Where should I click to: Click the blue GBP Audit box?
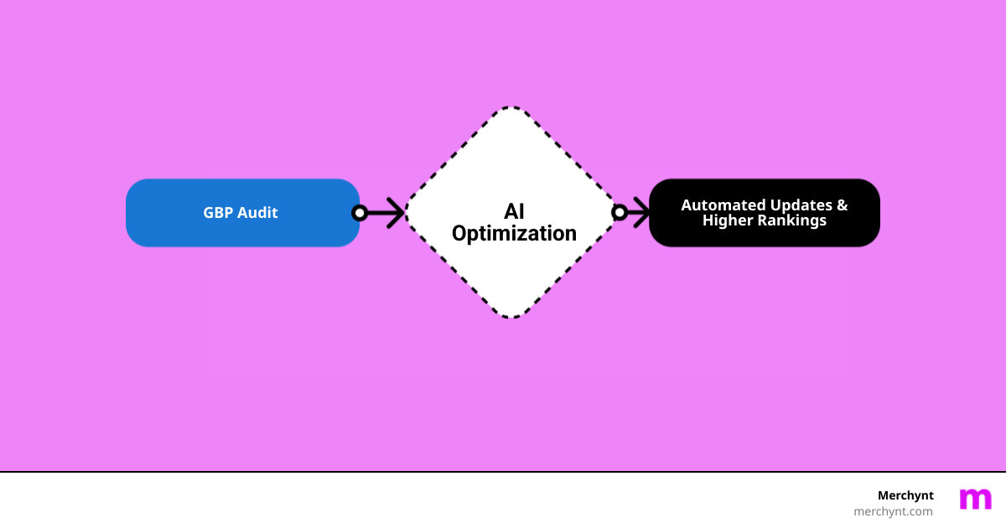tap(242, 213)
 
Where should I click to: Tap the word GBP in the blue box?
tap(220, 213)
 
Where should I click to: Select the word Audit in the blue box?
tap(258, 213)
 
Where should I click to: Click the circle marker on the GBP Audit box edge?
tap(360, 213)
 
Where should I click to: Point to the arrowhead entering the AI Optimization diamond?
tap(397, 213)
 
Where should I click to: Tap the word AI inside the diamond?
tap(514, 211)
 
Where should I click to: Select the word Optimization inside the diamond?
tap(514, 233)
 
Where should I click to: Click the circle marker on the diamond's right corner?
tap(620, 213)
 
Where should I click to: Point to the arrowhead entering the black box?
tap(641, 213)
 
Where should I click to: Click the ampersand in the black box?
tap(842, 205)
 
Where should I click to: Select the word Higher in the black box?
tap(729, 221)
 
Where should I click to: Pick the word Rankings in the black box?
tap(792, 221)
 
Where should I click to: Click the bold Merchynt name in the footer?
tap(905, 495)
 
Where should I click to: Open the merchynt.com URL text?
tap(893, 511)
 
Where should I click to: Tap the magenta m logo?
tap(975, 499)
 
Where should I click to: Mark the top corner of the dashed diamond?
tap(512, 108)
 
